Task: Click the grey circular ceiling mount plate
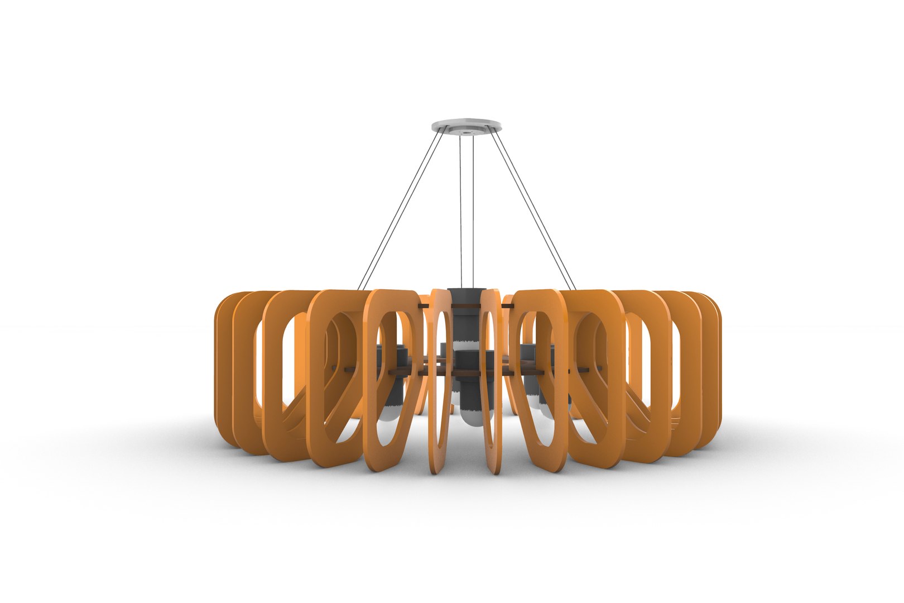pos(466,123)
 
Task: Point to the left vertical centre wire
pos(461,212)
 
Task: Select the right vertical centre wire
pos(473,212)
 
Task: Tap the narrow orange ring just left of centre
pos(442,380)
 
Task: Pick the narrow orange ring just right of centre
pos(491,380)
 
